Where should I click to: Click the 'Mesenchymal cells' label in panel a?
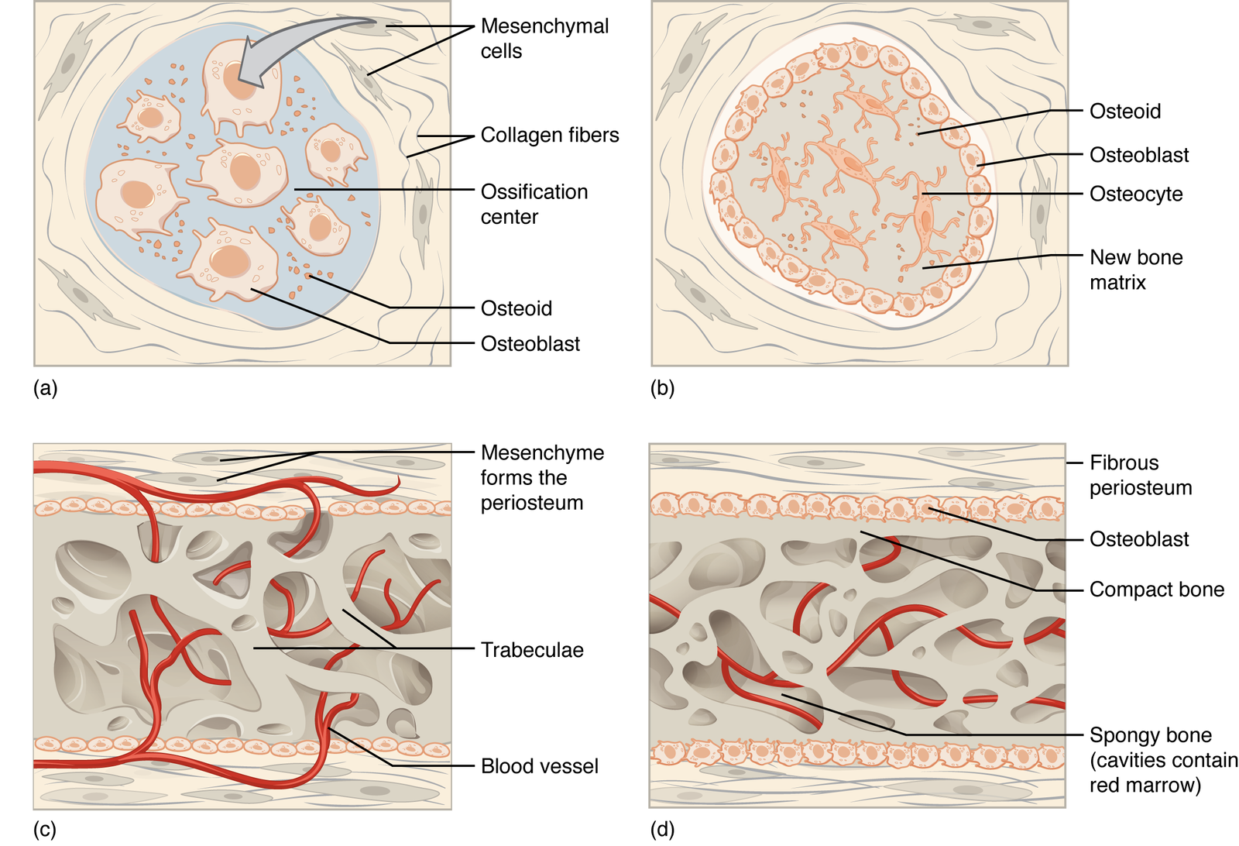click(x=544, y=38)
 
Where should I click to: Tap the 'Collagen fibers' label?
click(x=550, y=135)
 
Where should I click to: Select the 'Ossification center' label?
click(x=534, y=204)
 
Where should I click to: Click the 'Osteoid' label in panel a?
click(x=517, y=308)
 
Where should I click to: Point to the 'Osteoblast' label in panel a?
click(x=530, y=344)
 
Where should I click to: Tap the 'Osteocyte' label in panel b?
click(x=1136, y=194)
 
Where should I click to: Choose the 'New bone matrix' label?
click(x=1136, y=270)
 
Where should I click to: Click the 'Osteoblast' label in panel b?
click(x=1139, y=155)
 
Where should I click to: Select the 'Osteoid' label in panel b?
click(x=1125, y=112)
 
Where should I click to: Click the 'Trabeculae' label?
click(x=532, y=650)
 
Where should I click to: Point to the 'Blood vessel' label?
click(x=540, y=766)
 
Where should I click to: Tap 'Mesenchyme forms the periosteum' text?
click(x=541, y=477)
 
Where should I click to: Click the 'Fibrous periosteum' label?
click(x=1140, y=475)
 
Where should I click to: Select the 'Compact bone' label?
click(x=1157, y=590)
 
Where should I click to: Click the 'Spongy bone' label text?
click(x=1151, y=735)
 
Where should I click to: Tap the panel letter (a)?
click(x=46, y=388)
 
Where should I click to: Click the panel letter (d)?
click(x=663, y=830)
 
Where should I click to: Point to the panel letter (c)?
click(x=45, y=830)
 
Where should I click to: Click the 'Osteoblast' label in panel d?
click(x=1139, y=539)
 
